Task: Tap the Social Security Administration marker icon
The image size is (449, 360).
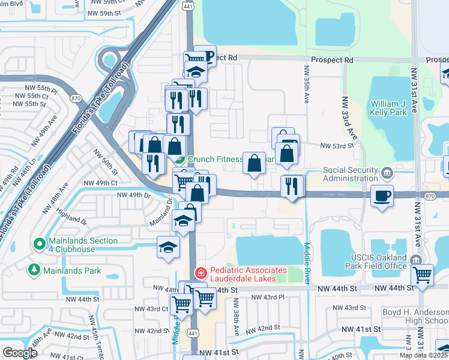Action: point(387,174)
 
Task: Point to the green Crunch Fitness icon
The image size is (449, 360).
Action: point(180,160)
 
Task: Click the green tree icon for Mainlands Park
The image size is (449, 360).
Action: point(34,271)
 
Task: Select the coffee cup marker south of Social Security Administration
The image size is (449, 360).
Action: point(382,196)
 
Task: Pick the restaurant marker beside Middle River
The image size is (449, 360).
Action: point(292,185)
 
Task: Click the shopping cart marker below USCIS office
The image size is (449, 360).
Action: point(423,275)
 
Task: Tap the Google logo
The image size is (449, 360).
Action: point(20,353)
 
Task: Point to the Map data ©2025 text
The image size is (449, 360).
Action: point(424,355)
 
